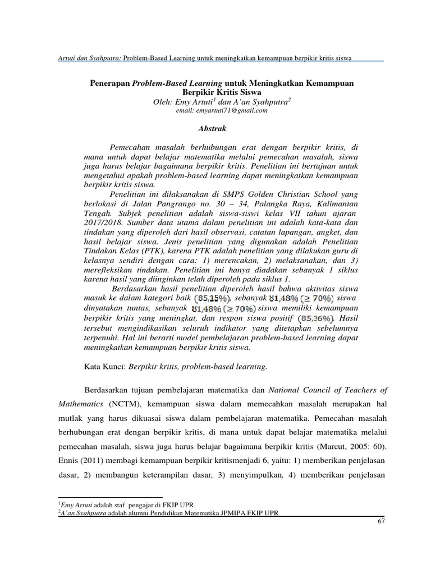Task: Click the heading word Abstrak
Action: pos(212,128)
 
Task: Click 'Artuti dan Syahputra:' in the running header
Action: pos(89,57)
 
